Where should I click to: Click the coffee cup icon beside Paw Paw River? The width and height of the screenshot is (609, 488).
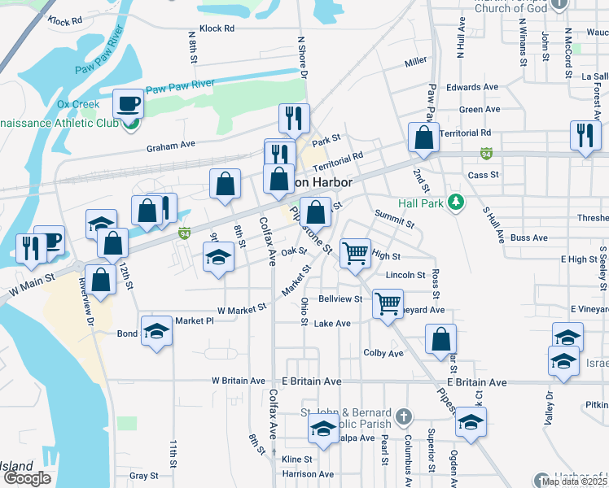[x=128, y=104]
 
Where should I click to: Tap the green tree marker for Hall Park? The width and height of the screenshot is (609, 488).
[x=457, y=203]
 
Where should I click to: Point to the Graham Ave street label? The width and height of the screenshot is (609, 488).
[x=171, y=146]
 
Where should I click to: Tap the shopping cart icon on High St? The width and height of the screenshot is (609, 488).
[x=355, y=252]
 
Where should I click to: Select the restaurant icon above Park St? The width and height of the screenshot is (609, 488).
[x=294, y=118]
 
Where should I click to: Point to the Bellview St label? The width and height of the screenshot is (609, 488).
[x=340, y=299]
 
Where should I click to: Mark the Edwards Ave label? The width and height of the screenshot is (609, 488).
[x=472, y=87]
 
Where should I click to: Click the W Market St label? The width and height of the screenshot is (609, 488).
[x=242, y=309]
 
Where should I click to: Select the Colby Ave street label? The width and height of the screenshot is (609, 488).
[x=383, y=354]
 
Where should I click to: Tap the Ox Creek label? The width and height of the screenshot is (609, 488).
[x=78, y=105]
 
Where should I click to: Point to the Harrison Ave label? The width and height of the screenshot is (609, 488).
[x=308, y=474]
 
